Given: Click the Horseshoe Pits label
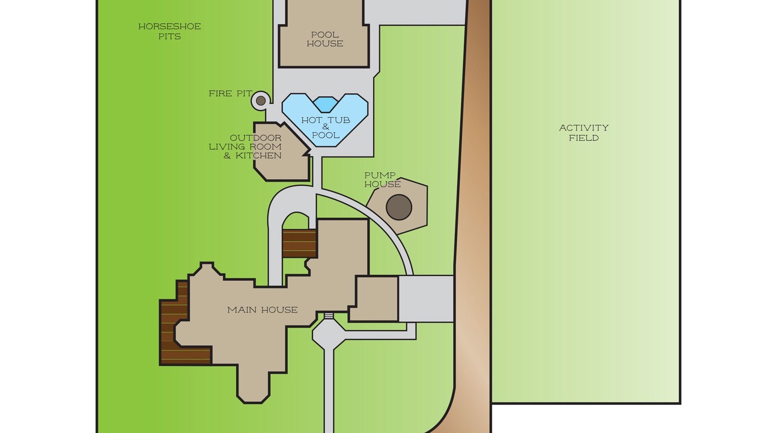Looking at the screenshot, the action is (169, 31).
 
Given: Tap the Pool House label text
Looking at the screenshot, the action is (325, 39).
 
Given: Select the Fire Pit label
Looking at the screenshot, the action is (230, 93).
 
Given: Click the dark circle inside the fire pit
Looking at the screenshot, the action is (261, 100).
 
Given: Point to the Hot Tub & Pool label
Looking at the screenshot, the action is (326, 127).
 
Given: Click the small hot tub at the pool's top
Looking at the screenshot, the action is (326, 105).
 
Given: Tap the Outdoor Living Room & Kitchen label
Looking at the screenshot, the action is (245, 147).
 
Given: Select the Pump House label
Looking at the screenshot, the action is (382, 180).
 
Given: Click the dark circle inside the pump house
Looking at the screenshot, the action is (398, 207).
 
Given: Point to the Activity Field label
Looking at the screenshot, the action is (583, 133).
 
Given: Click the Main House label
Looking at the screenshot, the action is (263, 310).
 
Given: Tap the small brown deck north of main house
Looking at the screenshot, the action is (299, 244).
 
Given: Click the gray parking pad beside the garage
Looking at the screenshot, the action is (426, 299).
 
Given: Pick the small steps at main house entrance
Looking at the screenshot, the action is (329, 316).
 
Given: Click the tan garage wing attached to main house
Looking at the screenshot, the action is (374, 299).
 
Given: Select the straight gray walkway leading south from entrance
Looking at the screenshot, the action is (329, 391).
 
